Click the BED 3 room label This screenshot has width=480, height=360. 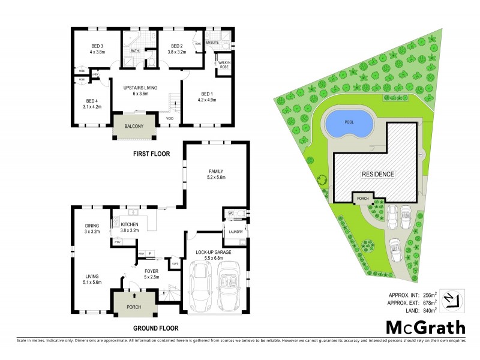click(97, 46)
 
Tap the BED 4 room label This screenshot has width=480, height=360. click(92, 100)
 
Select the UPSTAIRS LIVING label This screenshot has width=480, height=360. click(140, 88)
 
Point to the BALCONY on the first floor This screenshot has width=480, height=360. click(134, 127)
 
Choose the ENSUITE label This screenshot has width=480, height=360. click(212, 43)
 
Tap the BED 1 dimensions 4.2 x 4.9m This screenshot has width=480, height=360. click(206, 100)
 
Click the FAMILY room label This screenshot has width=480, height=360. click(215, 171)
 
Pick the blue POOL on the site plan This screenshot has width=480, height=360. click(348, 123)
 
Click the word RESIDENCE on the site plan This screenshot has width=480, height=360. click(377, 175)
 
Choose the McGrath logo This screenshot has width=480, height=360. click(424, 327)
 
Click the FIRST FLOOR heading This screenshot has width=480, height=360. click(152, 154)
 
